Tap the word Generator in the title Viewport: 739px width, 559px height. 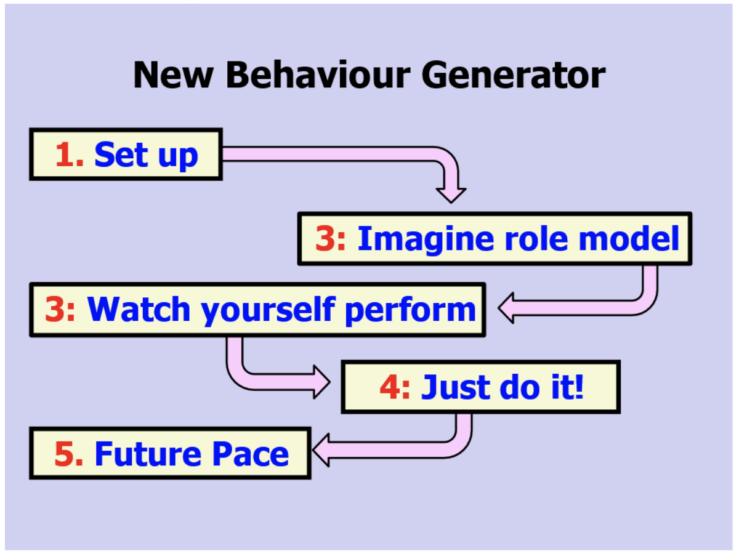(514, 75)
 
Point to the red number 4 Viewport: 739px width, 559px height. (391, 388)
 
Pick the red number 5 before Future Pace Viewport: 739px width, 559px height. (65, 454)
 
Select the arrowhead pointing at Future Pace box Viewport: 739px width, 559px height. (322, 452)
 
